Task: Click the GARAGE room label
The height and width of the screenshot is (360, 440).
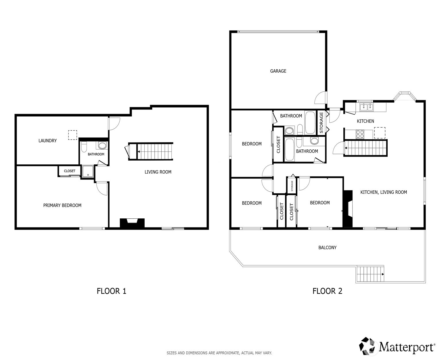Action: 278,71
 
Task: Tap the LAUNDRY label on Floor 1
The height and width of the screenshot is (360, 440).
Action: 47,140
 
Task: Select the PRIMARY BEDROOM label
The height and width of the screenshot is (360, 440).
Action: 62,205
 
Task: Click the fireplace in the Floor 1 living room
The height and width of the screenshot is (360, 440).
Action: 132,223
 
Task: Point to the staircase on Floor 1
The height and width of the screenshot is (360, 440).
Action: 155,151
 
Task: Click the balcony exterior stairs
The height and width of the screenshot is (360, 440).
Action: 370,274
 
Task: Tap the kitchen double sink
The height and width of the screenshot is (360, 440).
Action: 366,107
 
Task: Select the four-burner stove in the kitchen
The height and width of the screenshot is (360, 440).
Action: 360,134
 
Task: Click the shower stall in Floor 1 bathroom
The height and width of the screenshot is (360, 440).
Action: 88,171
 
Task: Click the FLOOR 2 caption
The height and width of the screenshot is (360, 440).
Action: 327,291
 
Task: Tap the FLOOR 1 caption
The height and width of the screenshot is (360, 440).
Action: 111,291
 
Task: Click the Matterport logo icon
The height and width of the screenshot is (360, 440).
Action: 368,346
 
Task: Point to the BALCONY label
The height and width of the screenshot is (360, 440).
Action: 327,247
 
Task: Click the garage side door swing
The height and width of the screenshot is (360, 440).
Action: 320,98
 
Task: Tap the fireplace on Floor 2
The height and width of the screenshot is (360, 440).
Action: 348,208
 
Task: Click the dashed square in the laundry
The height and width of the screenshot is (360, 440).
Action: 72,135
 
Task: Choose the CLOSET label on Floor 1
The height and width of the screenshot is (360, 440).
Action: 70,171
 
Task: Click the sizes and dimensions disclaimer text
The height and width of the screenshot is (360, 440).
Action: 219,353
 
